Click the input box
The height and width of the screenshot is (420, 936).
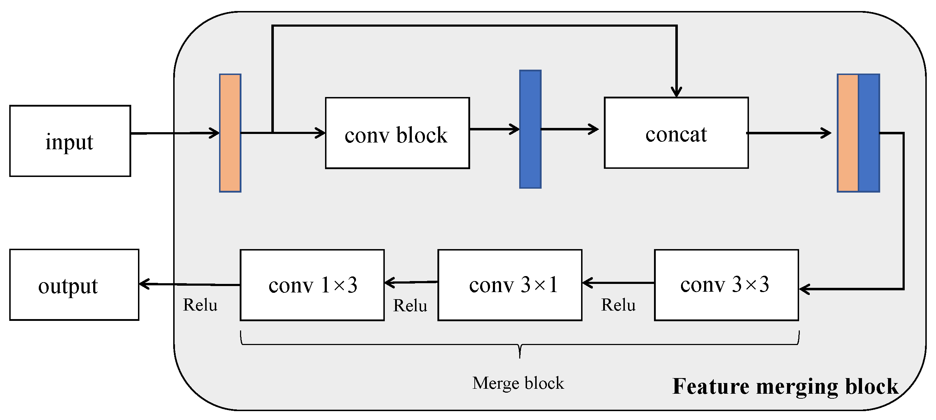70,141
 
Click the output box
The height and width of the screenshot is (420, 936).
74,285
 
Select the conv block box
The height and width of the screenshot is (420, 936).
397,133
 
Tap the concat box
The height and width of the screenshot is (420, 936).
676,133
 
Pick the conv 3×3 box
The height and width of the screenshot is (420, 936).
726,285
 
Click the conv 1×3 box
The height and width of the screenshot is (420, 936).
312,285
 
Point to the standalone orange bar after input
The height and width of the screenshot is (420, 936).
230,133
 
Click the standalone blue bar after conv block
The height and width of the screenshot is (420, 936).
530,129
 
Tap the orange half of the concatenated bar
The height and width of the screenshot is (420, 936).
848,133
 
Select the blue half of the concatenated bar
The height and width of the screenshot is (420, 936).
869,133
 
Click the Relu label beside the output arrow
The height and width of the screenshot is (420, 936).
200,305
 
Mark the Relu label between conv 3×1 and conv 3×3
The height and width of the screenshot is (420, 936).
618,305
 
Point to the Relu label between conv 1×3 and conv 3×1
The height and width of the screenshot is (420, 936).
410,306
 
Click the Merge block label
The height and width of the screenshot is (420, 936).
518,383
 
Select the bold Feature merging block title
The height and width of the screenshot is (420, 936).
785,386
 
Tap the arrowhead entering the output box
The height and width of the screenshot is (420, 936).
144,284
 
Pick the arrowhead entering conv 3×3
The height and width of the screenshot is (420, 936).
804,289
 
